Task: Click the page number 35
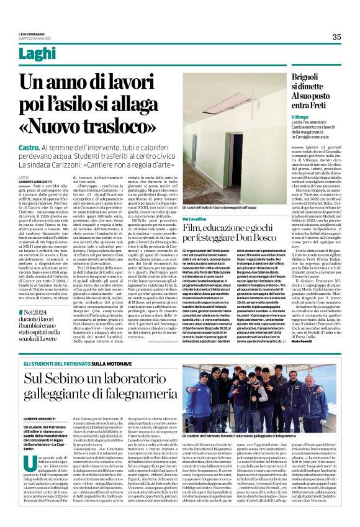pyautogui.click(x=336, y=37)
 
